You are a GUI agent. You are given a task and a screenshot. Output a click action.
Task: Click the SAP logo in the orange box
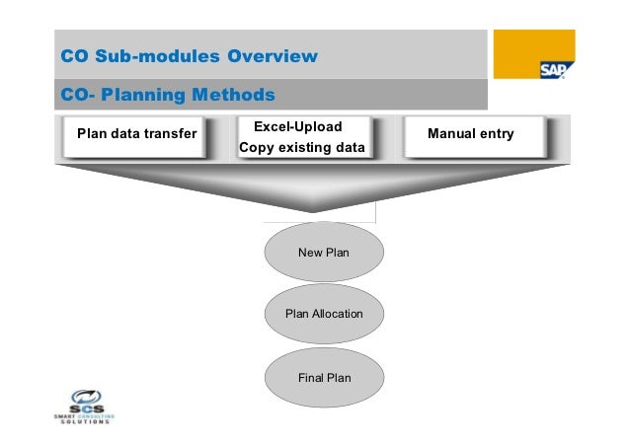[552, 69]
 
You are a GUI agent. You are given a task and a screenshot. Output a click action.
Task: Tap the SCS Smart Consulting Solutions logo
[83, 406]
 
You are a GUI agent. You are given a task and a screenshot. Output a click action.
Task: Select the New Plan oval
[324, 253]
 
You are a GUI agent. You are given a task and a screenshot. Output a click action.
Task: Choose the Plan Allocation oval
[324, 314]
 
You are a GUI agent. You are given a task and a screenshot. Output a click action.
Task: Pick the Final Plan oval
[324, 377]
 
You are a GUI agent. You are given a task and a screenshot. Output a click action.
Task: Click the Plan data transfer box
[136, 134]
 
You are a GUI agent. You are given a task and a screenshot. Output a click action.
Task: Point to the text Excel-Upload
[297, 127]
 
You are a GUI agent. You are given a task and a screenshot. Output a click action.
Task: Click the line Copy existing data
[301, 148]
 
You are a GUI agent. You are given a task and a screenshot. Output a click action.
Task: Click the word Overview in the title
[273, 55]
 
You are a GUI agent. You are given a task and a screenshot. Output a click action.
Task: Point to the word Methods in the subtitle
[235, 96]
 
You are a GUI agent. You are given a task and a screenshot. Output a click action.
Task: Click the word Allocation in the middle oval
[338, 314]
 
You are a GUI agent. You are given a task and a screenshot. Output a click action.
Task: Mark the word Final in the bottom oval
[311, 377]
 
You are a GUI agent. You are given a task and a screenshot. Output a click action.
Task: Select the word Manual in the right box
[449, 133]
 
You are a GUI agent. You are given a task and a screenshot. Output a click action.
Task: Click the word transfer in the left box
[174, 134]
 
